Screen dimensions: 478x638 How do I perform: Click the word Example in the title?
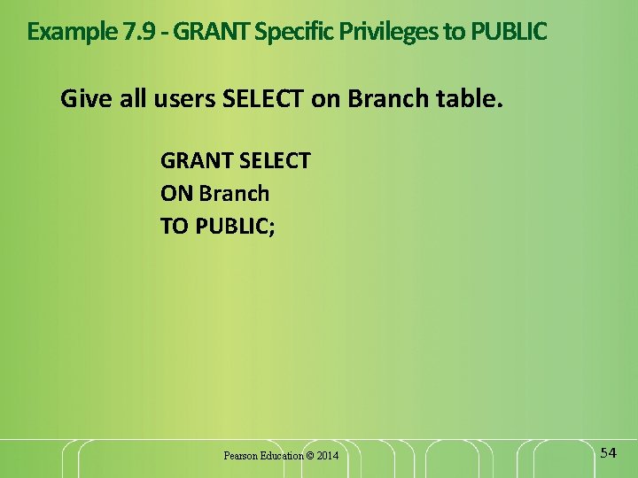[67, 32]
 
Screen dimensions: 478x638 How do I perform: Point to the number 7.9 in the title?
[141, 32]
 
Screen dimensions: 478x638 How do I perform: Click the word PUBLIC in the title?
[509, 32]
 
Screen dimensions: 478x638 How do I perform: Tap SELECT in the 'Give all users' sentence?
[263, 98]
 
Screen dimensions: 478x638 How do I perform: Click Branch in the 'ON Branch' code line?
[234, 193]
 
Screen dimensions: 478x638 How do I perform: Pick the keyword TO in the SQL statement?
[175, 226]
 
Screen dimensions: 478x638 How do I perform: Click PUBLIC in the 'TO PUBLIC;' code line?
[235, 226]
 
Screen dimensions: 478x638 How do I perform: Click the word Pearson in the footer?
[240, 456]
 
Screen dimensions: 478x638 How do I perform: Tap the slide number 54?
[608, 453]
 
